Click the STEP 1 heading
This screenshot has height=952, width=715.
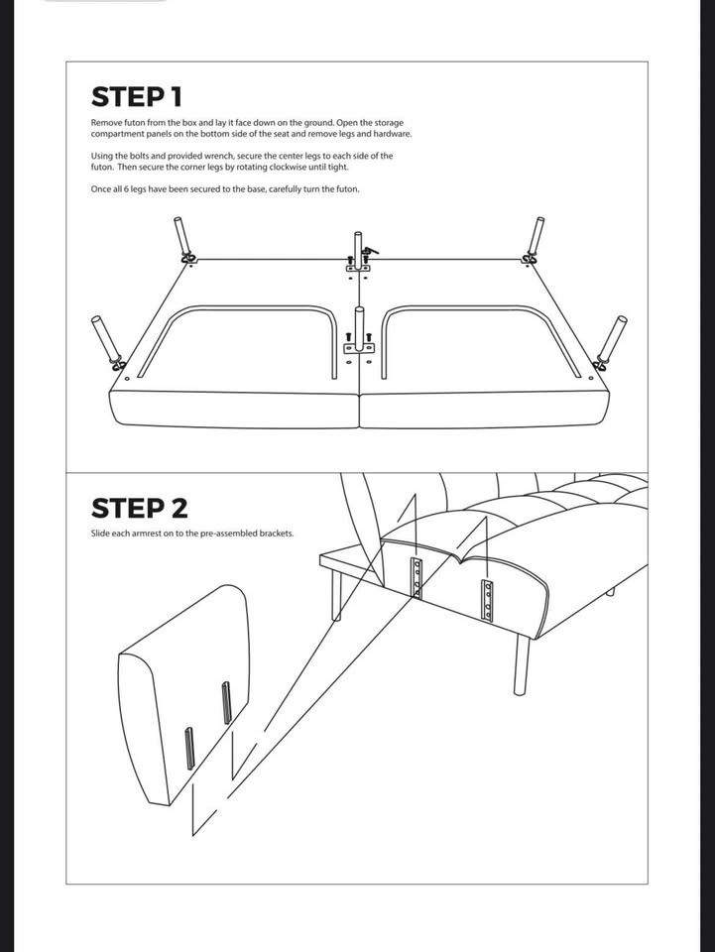pyautogui.click(x=136, y=97)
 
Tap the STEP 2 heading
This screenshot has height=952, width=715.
pyautogui.click(x=139, y=509)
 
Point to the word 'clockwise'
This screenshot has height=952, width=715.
pyautogui.click(x=298, y=167)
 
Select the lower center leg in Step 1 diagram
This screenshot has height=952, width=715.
pyautogui.click(x=359, y=327)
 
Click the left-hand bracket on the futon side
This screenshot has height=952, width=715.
pyautogui.click(x=417, y=577)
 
